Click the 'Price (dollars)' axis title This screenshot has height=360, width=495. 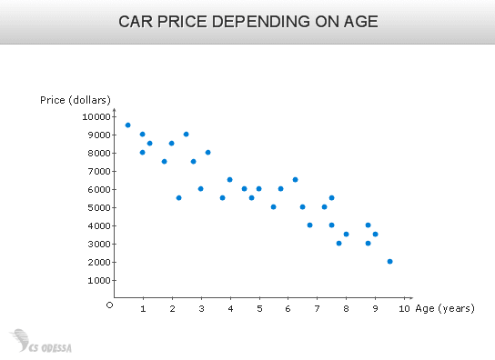click(76, 99)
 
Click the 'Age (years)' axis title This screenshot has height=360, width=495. click(445, 309)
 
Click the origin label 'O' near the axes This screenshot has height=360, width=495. click(109, 305)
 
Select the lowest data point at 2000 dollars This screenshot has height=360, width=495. click(389, 262)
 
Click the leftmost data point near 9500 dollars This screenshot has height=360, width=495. click(127, 125)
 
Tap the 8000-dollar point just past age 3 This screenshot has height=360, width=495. click(207, 153)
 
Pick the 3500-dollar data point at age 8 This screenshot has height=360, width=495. click(346, 235)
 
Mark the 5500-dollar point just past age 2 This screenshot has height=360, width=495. click(178, 198)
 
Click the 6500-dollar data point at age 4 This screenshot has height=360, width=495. click(229, 180)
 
